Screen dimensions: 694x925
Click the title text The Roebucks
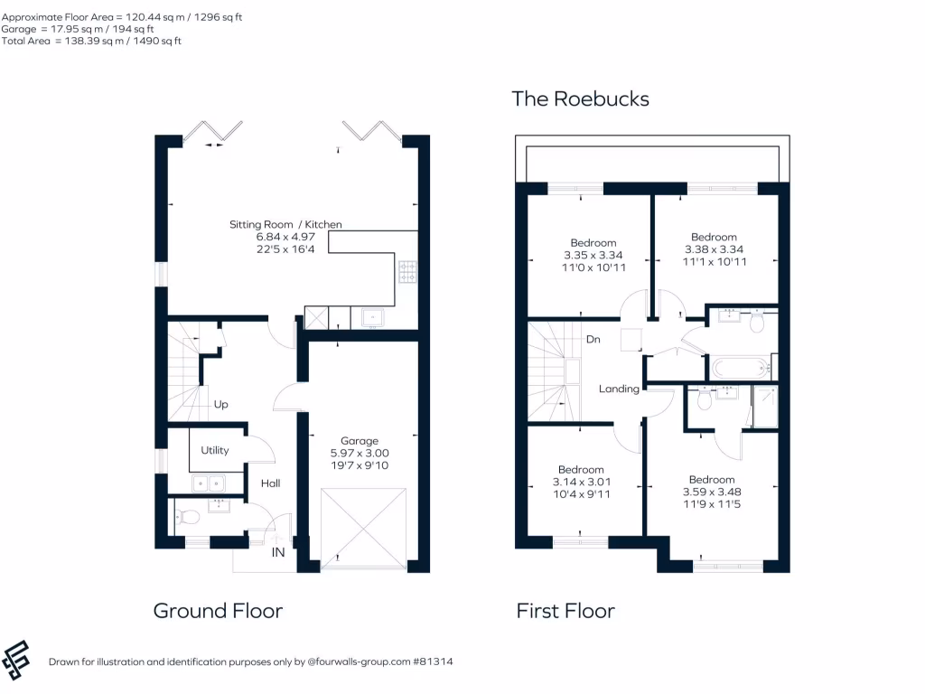click(580, 98)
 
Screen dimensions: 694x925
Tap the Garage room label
click(359, 441)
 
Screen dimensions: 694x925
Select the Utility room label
click(215, 450)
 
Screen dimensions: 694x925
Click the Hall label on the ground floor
click(270, 483)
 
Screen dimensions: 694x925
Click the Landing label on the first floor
click(619, 389)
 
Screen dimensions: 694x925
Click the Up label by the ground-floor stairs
click(220, 405)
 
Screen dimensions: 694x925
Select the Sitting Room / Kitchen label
click(285, 224)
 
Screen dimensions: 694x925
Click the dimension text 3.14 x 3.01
click(580, 482)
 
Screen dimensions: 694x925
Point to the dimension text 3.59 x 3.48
click(712, 492)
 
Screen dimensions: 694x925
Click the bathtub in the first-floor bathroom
click(739, 368)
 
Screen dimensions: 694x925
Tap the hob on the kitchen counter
click(407, 272)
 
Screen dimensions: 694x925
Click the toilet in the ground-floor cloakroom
click(189, 518)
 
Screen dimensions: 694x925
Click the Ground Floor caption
click(218, 611)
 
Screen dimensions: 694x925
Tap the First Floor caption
click(565, 611)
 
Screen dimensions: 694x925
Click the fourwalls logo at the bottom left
click(17, 661)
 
